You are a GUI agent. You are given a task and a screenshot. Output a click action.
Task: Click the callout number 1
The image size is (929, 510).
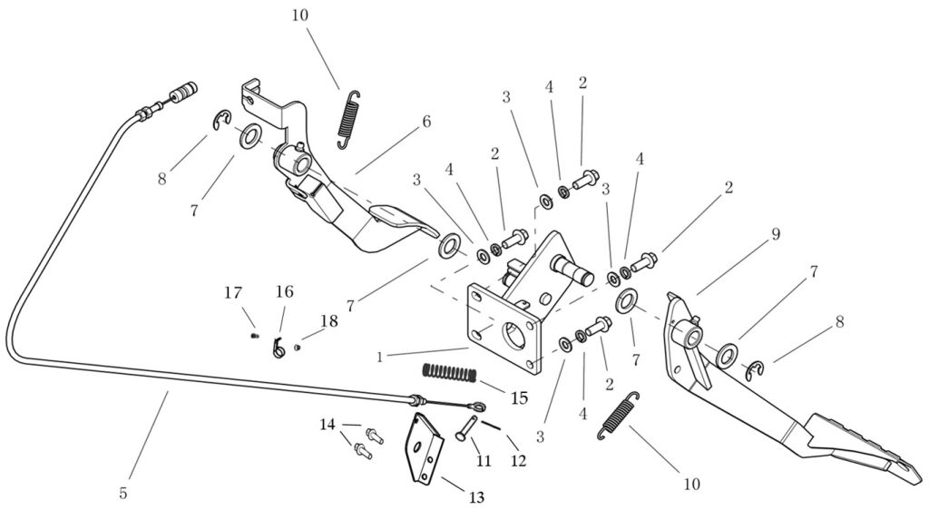pyautogui.click(x=379, y=357)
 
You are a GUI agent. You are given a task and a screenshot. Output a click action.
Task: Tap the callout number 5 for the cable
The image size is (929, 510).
pyautogui.click(x=122, y=493)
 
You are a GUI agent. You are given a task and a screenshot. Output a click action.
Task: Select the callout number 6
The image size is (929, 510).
pyautogui.click(x=425, y=121)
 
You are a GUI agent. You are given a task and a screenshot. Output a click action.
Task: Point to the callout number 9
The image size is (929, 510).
pyautogui.click(x=776, y=234)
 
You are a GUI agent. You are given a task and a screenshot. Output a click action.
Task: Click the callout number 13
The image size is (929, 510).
pyautogui.click(x=476, y=496)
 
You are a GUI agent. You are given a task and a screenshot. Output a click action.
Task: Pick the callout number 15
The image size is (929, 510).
pyautogui.click(x=519, y=397)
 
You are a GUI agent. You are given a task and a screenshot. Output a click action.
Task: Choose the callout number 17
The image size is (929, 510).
pyautogui.click(x=233, y=292)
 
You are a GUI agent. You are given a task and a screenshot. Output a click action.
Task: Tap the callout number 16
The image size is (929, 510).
pyautogui.click(x=284, y=292)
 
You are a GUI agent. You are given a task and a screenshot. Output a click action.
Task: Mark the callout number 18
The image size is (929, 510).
pyautogui.click(x=328, y=321)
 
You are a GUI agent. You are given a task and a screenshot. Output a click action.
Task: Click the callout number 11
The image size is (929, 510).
pyautogui.click(x=484, y=460)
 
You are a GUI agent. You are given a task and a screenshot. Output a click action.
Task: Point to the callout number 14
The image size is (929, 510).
pyautogui.click(x=327, y=424)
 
